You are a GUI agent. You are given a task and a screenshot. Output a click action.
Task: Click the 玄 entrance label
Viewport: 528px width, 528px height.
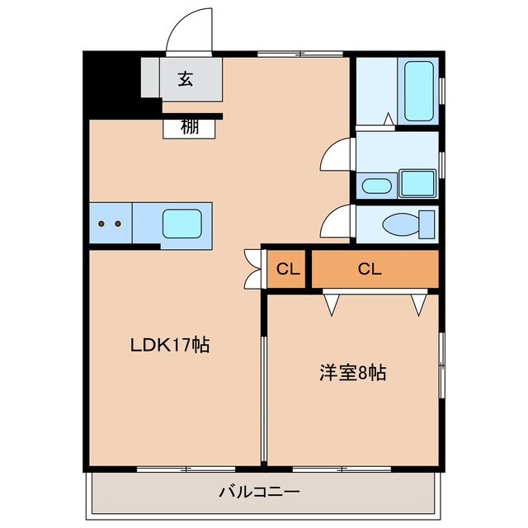coord(186,79)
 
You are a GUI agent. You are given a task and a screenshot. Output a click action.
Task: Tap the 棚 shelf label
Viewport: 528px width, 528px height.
coord(190,127)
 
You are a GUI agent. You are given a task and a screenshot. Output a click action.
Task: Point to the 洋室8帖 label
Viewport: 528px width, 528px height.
coord(353,372)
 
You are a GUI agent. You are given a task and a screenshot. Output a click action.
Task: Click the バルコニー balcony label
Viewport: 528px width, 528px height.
coord(259,492)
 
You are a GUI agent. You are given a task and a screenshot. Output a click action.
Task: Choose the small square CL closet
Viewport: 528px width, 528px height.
coord(287,269)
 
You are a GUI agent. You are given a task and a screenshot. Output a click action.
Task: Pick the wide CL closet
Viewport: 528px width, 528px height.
coord(370,269)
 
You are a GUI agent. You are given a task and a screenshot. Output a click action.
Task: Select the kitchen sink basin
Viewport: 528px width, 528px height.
coord(181,224)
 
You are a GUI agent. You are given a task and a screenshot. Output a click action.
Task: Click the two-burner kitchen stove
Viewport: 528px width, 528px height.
coord(110,224)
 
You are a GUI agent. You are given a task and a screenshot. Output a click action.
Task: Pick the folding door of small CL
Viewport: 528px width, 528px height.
coord(252,269)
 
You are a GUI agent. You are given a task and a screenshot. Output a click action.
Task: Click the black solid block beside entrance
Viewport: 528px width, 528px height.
coord(111,83)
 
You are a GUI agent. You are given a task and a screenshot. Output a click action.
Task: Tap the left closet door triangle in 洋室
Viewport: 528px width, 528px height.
coord(332,303)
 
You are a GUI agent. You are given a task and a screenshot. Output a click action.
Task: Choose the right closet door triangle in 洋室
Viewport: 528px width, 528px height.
coord(418,303)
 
